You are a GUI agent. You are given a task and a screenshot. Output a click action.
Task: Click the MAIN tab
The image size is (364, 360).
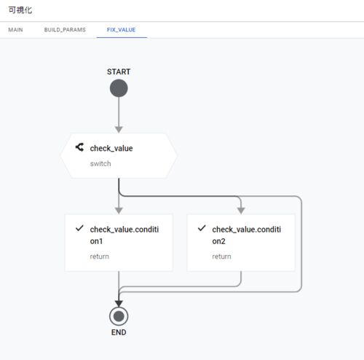coord(15,30)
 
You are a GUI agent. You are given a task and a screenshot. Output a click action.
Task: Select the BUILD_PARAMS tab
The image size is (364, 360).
coord(65,30)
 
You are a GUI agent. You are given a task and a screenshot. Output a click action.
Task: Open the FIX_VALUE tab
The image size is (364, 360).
coord(121,30)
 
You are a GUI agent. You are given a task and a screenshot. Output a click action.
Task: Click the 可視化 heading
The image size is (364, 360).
coord(20,10)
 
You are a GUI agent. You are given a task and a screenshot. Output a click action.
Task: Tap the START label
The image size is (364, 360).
coord(119,71)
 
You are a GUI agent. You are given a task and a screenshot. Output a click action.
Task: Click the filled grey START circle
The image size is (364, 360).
coord(119,88)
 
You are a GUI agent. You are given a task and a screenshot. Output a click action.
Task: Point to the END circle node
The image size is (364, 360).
coord(119,316)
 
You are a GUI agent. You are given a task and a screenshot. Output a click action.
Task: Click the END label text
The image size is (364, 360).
coord(119,332)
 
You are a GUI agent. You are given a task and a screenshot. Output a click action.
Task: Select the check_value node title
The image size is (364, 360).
coord(111,148)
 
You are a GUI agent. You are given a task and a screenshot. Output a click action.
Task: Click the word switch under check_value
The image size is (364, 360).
coord(100,164)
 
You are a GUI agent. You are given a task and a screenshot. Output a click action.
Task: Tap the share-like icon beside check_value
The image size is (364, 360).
coord(79,147)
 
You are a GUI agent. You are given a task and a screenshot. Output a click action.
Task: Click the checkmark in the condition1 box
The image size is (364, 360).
coord(79,228)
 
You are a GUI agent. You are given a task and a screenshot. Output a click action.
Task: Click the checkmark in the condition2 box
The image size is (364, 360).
coord(202,228)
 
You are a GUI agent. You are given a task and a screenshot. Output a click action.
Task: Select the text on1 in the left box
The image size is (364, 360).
coord(96,241)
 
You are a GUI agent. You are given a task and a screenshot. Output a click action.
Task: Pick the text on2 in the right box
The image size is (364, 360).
coord(218,241)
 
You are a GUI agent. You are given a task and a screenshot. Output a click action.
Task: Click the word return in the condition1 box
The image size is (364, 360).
coord(100,257)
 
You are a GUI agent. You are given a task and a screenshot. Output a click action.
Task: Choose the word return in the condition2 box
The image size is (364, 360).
coord(221,257)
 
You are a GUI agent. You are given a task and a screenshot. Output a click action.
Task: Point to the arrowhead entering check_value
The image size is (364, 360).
coord(119,130)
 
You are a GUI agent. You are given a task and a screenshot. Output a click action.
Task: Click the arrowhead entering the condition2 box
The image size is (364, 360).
coord(241,211)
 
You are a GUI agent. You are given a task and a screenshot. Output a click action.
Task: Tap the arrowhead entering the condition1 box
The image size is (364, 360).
coord(119,211)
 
